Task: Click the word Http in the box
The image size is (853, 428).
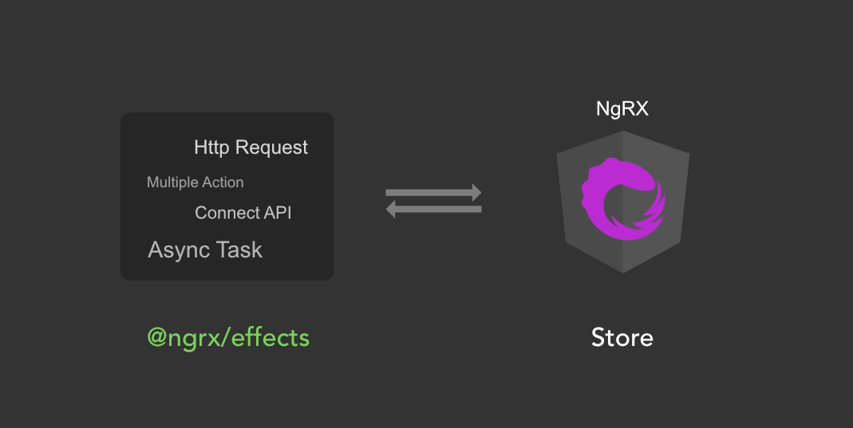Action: [211, 147]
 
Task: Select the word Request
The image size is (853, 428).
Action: [272, 148]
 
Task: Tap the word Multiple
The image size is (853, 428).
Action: [172, 183]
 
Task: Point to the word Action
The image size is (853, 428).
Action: [223, 183]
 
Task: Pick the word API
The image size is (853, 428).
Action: [276, 213]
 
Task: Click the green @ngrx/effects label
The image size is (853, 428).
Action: [228, 338]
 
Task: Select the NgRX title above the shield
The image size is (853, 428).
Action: [622, 109]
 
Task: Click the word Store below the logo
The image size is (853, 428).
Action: [622, 338]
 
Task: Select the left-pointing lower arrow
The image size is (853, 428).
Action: [434, 209]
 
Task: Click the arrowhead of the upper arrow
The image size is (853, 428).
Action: [476, 193]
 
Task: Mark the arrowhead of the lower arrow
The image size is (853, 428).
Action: [391, 209]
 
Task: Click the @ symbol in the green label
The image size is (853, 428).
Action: [156, 338]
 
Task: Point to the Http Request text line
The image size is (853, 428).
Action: [251, 147]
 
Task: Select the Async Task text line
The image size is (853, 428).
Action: [205, 250]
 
